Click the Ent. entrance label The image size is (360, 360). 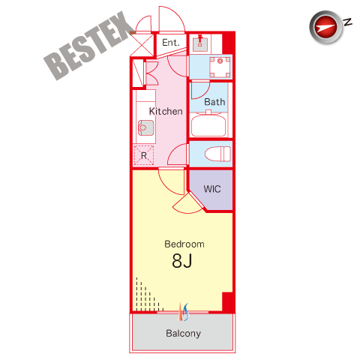click(171, 43)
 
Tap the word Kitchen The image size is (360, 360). click(166, 111)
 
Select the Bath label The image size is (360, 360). click(214, 102)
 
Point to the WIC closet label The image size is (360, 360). click(212, 189)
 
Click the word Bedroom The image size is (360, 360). click(184, 244)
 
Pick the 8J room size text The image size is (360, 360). click(182, 260)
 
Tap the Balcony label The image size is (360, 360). click(184, 333)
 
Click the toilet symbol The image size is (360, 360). click(217, 154)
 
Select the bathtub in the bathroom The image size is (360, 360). click(208, 124)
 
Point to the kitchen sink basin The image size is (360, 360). click(146, 127)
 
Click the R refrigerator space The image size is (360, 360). click(144, 155)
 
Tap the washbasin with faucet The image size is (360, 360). click(200, 43)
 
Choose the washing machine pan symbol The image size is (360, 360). click(220, 67)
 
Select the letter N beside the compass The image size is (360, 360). click(348, 22)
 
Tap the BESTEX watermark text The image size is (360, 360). click(88, 46)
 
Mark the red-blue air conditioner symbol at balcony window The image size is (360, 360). click(184, 312)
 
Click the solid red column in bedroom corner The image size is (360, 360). click(228, 302)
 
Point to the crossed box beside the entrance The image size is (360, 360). click(142, 45)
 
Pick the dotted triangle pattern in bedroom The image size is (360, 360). click(148, 295)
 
